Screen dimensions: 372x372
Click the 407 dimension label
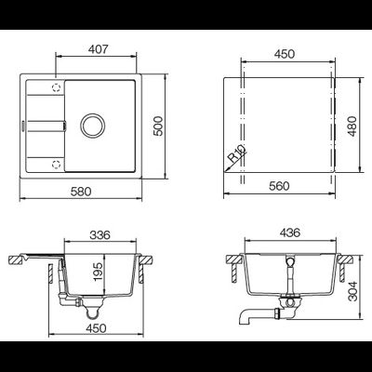coord(98,49)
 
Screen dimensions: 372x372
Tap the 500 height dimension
coord(158,126)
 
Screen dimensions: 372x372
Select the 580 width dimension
coord(81,192)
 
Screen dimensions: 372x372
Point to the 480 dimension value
coord(352,126)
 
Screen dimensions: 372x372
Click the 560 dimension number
coord(279,186)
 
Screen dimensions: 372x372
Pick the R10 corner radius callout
coord(237,153)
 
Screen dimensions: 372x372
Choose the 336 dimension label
coord(100,235)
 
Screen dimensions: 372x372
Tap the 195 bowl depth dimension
coord(98,272)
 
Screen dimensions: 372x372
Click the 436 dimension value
coord(290,232)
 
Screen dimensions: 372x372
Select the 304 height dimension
coord(352,291)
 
